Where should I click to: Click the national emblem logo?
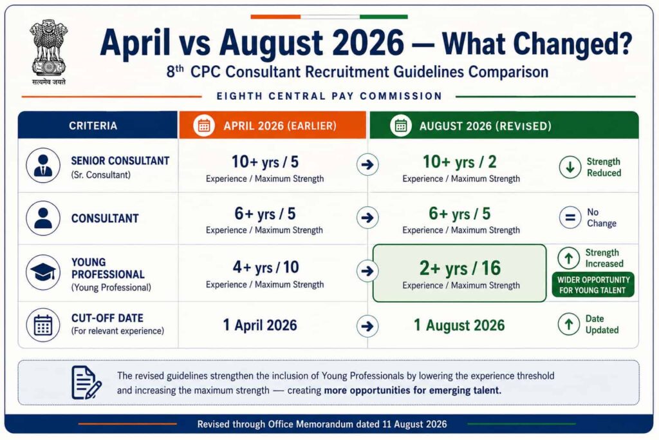49,52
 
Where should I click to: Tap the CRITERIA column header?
93,126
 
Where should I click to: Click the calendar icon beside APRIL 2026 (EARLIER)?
204,126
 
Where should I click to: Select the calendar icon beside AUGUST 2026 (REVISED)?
400,126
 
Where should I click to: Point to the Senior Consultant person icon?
43,166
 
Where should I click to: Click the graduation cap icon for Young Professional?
43,272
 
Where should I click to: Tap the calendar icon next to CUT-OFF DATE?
43,325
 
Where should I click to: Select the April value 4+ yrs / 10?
266,267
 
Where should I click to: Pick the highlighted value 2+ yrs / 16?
459,268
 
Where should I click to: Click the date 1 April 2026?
260,325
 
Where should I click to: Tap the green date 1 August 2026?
459,325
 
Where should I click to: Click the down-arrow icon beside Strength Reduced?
570,167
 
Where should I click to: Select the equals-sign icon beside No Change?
570,218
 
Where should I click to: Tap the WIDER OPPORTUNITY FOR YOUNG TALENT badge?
593,285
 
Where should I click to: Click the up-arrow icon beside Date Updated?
569,324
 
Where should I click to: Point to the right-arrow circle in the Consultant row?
367,218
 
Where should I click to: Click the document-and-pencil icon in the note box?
86,383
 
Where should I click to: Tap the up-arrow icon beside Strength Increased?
569,258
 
